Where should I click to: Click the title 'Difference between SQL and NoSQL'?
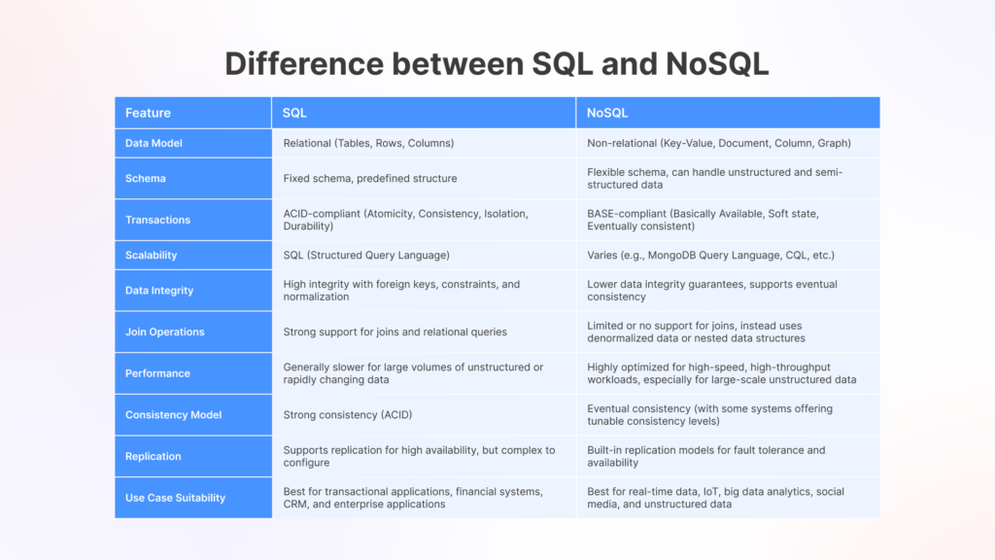(497, 63)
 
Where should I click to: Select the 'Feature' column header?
(148, 113)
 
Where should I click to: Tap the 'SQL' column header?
(294, 113)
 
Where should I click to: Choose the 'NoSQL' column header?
(606, 113)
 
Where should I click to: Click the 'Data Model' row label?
(154, 143)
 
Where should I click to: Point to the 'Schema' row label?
(146, 179)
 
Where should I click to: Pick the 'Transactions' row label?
(157, 220)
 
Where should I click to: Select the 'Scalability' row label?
(152, 255)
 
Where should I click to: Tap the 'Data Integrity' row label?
(159, 291)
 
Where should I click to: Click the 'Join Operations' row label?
(165, 332)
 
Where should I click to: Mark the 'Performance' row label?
(157, 373)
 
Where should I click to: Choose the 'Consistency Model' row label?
(174, 415)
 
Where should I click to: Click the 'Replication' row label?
(154, 456)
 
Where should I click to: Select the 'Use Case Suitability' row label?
(175, 498)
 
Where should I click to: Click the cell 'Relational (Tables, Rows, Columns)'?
(368, 143)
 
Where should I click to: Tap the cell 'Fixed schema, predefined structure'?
(370, 179)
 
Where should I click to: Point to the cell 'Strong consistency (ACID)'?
(348, 415)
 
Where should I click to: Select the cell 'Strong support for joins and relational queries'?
(395, 332)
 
